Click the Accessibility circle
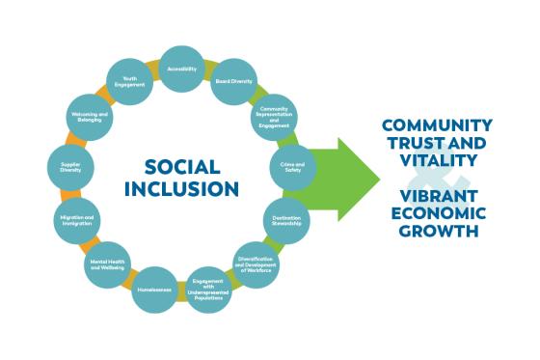pyautogui.click(x=181, y=69)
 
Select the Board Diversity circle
pyautogui.click(x=233, y=82)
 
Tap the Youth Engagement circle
pyautogui.click(x=129, y=82)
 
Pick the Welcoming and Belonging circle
pyautogui.click(x=89, y=119)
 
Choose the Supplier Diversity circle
pyautogui.click(x=71, y=168)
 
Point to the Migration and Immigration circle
pyautogui.click(x=75, y=220)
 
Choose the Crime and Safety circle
pyautogui.click(x=292, y=166)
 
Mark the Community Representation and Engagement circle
pyautogui.click(x=274, y=119)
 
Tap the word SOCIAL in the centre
pyautogui.click(x=182, y=165)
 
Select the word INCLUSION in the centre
pyautogui.click(x=182, y=188)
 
